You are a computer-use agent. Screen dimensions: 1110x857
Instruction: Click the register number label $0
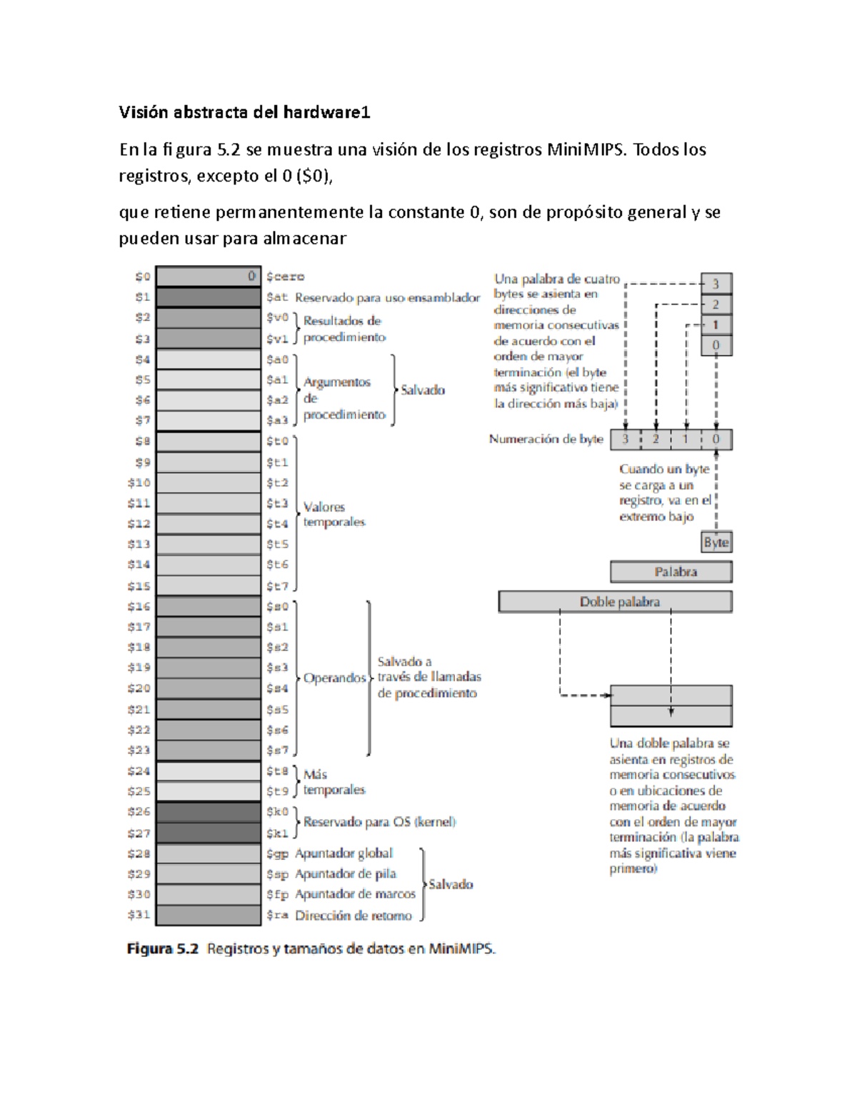click(143, 277)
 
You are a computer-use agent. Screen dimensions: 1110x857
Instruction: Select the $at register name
click(277, 297)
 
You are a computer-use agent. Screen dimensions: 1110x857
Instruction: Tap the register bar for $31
click(208, 915)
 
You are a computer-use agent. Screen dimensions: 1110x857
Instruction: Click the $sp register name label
click(277, 874)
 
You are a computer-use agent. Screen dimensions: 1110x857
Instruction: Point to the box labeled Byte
click(716, 542)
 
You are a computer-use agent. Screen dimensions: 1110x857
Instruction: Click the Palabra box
click(671, 572)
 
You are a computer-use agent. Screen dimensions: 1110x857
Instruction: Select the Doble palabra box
click(615, 602)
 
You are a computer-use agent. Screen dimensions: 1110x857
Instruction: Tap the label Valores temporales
click(334, 515)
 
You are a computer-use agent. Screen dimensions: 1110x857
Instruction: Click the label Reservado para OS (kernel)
click(379, 822)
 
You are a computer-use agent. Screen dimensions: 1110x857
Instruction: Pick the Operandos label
click(334, 678)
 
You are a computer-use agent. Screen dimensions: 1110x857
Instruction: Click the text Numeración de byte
click(546, 439)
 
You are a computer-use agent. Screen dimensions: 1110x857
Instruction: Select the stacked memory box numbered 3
click(716, 284)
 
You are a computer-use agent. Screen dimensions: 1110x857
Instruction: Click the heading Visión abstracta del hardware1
click(244, 112)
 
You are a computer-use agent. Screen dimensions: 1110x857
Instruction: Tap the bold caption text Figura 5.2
click(162, 949)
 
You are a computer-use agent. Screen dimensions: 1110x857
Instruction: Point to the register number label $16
click(139, 606)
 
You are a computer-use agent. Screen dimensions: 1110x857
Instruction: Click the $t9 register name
click(277, 791)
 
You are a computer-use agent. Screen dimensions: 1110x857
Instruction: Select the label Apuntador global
click(344, 853)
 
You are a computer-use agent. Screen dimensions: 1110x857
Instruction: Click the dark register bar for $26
click(208, 812)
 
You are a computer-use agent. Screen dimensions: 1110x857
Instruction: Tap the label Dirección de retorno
click(354, 916)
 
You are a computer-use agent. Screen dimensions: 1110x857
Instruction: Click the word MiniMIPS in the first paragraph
click(584, 150)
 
